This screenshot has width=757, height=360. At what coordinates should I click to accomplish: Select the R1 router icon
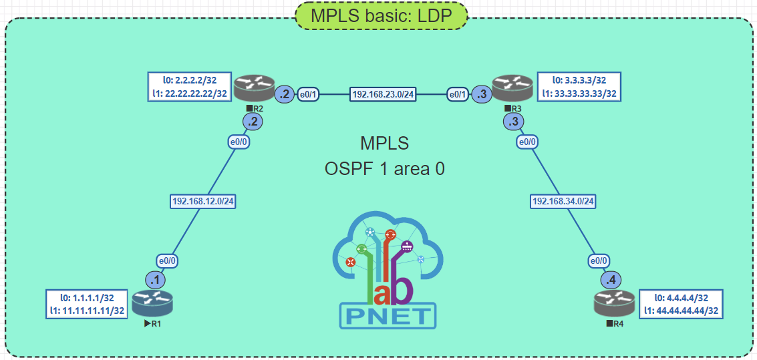(x=152, y=304)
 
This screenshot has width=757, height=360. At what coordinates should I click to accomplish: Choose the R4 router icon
(x=614, y=304)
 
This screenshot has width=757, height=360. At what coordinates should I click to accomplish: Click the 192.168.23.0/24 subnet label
(x=383, y=95)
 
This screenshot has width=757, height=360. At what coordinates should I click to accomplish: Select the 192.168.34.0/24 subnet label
(x=563, y=200)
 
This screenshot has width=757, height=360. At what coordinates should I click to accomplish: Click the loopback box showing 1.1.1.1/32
(x=86, y=304)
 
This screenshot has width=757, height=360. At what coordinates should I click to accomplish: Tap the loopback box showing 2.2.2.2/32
(x=190, y=87)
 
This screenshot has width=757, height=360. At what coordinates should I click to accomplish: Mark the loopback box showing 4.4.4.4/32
(x=682, y=304)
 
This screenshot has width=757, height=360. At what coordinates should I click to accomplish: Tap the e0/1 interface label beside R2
(x=308, y=95)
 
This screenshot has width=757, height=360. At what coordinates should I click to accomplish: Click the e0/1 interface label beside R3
(x=458, y=95)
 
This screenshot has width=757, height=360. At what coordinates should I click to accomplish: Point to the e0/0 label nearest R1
(x=167, y=260)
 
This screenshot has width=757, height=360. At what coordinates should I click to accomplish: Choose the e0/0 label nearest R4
(x=599, y=260)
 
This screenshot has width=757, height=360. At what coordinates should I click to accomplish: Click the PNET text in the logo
(x=388, y=315)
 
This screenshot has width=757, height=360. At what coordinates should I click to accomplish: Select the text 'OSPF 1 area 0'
(x=384, y=169)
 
